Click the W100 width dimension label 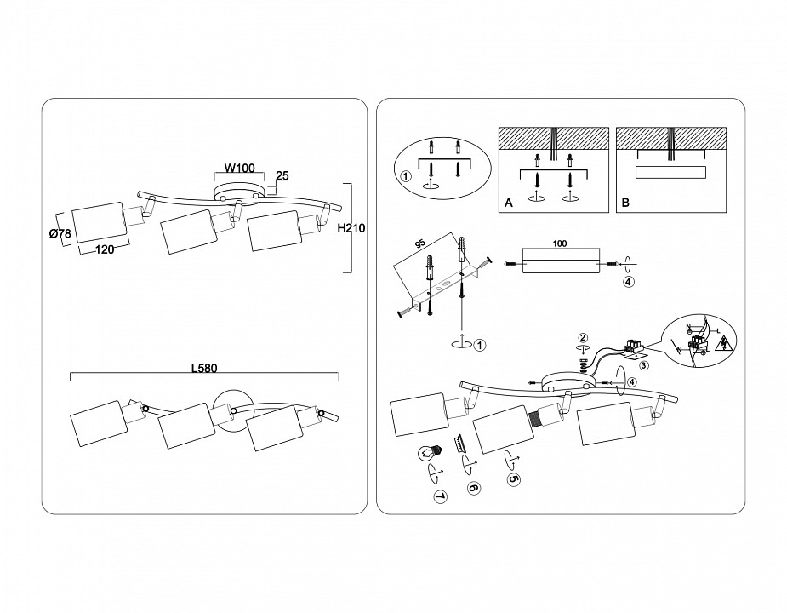coord(239,168)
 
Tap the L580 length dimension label coord(203,369)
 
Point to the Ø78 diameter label coord(60,234)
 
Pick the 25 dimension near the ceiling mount coord(283,177)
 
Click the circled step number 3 coord(644,366)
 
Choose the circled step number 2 coord(583,339)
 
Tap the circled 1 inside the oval coord(406,177)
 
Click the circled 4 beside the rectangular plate coord(627,283)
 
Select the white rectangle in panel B coord(671,173)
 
